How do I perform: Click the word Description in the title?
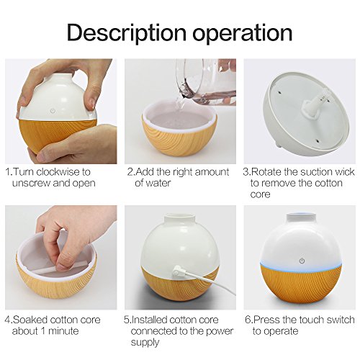pos(127,33)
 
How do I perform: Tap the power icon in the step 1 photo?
pos(53,111)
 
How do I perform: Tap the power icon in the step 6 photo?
pos(302,261)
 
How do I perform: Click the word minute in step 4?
pos(63,331)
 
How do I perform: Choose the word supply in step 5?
pos(145,343)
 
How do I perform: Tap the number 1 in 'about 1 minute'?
pos(43,331)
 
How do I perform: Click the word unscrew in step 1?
pos(31,184)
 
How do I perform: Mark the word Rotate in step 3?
pos(266,172)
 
